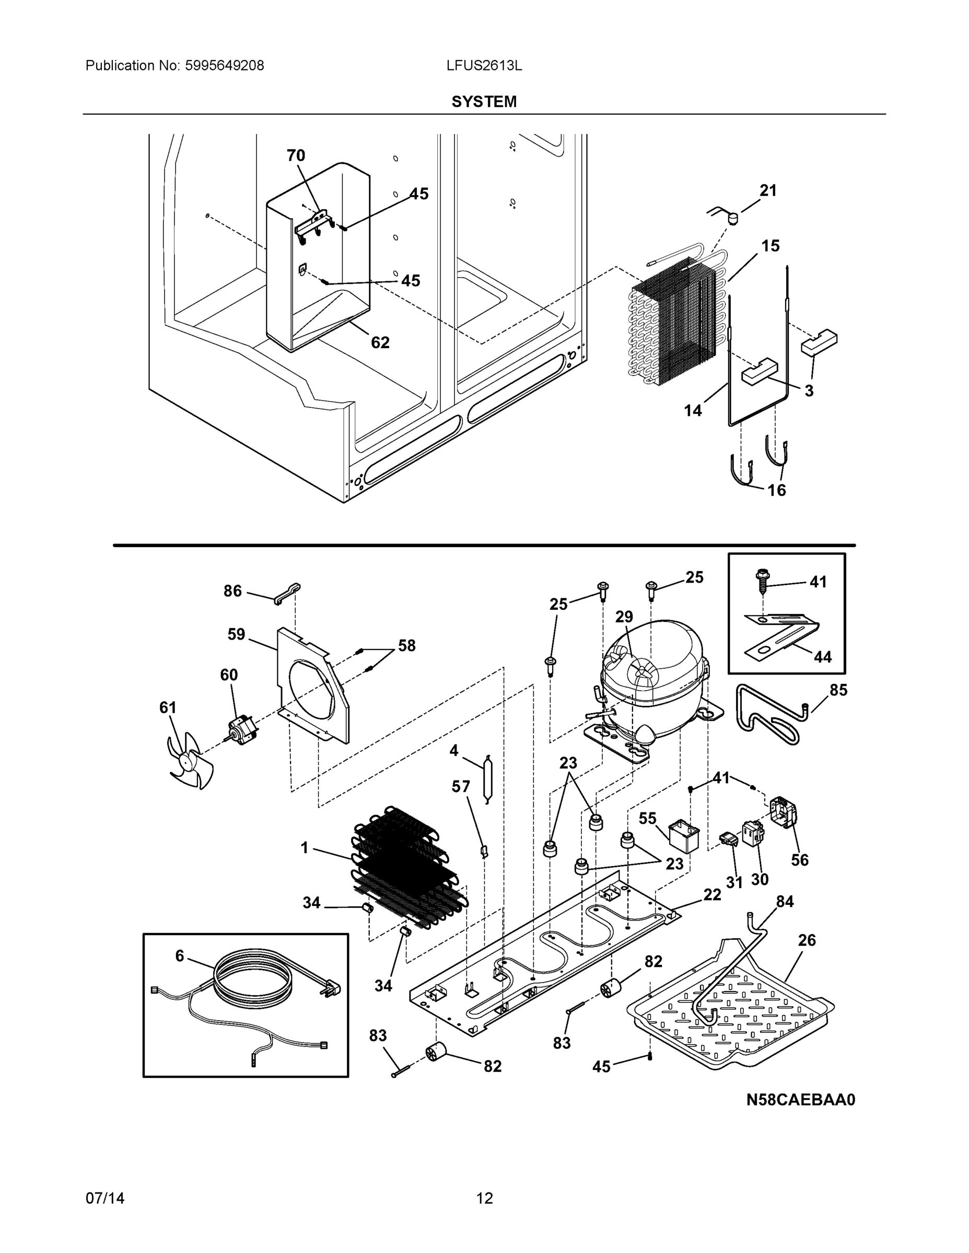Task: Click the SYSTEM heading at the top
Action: click(483, 102)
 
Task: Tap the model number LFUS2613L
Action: click(484, 65)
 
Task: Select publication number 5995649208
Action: click(224, 65)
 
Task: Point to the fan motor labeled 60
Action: click(240, 731)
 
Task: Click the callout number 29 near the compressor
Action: click(624, 617)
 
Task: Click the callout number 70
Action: click(296, 156)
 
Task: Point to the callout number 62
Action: click(380, 342)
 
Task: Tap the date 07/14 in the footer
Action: click(105, 1198)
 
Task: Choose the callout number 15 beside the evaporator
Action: click(770, 245)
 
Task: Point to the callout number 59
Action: click(236, 634)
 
